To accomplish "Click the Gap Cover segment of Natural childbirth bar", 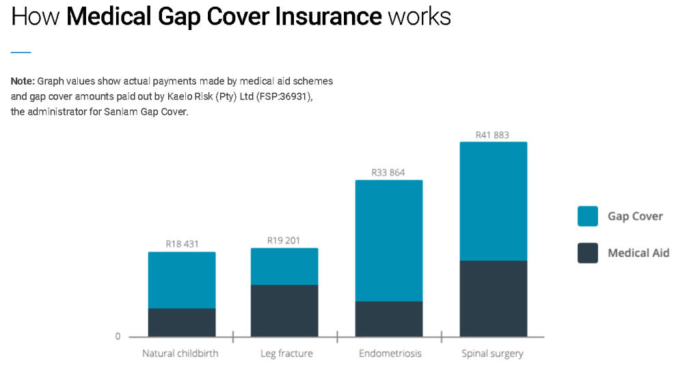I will tap(182, 280).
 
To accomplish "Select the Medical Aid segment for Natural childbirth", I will tap(182, 322).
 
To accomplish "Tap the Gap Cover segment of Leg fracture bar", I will tap(284, 266).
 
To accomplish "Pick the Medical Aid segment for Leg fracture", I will tap(284, 311).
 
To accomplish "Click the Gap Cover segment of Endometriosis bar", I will tap(389, 240).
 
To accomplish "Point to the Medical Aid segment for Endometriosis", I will tap(389, 319).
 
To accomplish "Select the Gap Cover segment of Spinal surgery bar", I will tap(493, 202).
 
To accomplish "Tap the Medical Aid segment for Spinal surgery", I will tap(493, 298).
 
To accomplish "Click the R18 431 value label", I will tap(182, 243).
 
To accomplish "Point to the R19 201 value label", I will tap(284, 240).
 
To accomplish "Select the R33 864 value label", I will tap(388, 173).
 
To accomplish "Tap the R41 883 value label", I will tap(492, 135).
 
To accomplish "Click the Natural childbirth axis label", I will tap(181, 354).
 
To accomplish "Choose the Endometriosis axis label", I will tap(390, 354).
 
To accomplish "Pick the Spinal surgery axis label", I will tap(492, 354).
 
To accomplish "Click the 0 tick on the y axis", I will tap(118, 337).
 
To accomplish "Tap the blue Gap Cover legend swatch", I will tap(587, 217).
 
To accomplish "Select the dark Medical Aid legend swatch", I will tap(587, 253).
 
